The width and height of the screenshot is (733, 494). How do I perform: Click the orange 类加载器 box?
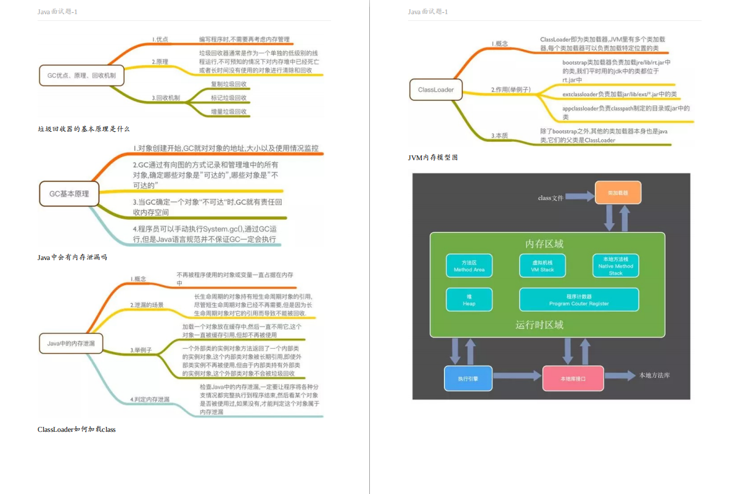618,193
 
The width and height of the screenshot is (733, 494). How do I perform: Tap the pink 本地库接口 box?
573,378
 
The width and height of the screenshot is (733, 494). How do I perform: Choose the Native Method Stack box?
616,265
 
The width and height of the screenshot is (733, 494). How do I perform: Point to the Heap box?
469,300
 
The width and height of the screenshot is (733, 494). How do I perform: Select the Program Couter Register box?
579,300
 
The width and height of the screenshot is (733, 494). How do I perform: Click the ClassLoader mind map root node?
436,90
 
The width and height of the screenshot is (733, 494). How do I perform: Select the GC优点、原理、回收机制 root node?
81,75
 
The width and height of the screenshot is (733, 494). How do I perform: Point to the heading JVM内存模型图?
433,158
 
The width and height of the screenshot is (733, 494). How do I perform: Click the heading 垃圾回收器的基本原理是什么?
84,129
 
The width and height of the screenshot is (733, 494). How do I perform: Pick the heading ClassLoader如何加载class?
76,429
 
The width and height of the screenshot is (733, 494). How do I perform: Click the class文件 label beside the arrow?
551,198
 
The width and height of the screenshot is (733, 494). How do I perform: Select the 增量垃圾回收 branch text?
229,111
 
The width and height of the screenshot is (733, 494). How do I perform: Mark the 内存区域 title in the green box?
544,244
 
